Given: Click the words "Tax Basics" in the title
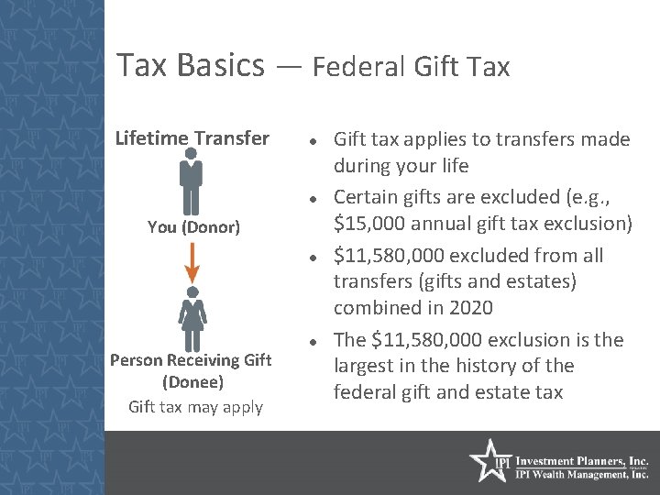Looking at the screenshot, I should tap(191, 65).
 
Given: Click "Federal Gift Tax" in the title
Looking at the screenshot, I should tap(411, 67).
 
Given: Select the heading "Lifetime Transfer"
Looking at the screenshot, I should tap(192, 138).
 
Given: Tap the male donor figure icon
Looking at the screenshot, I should tap(192, 181).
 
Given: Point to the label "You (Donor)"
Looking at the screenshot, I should tap(193, 226).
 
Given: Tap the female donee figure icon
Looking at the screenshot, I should tap(192, 317).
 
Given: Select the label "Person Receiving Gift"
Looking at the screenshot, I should tap(191, 360).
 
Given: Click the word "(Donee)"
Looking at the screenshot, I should tap(192, 382).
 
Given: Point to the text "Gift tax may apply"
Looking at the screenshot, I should tap(195, 407).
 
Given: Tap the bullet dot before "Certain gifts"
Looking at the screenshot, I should tap(313, 199).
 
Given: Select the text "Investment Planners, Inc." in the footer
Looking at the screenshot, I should tap(582, 461).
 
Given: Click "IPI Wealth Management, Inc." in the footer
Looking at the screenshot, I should tap(582, 475).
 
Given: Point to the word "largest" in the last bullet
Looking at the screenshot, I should tap(365, 366).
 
